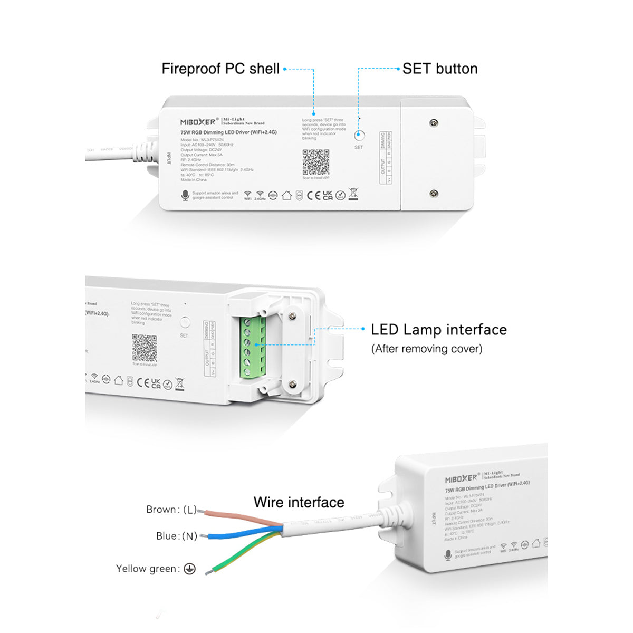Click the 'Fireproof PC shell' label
(x=220, y=69)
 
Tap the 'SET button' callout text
(x=440, y=69)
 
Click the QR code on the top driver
(x=316, y=162)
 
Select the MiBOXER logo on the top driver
(x=198, y=122)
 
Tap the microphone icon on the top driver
(x=185, y=196)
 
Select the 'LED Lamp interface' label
(x=438, y=330)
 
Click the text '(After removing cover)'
(x=426, y=349)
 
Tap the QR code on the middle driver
(x=144, y=347)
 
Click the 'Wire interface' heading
(x=299, y=502)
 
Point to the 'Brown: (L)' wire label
(x=171, y=510)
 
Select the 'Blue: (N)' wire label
(x=176, y=536)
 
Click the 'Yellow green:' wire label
(x=148, y=569)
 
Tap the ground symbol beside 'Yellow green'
(x=189, y=569)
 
